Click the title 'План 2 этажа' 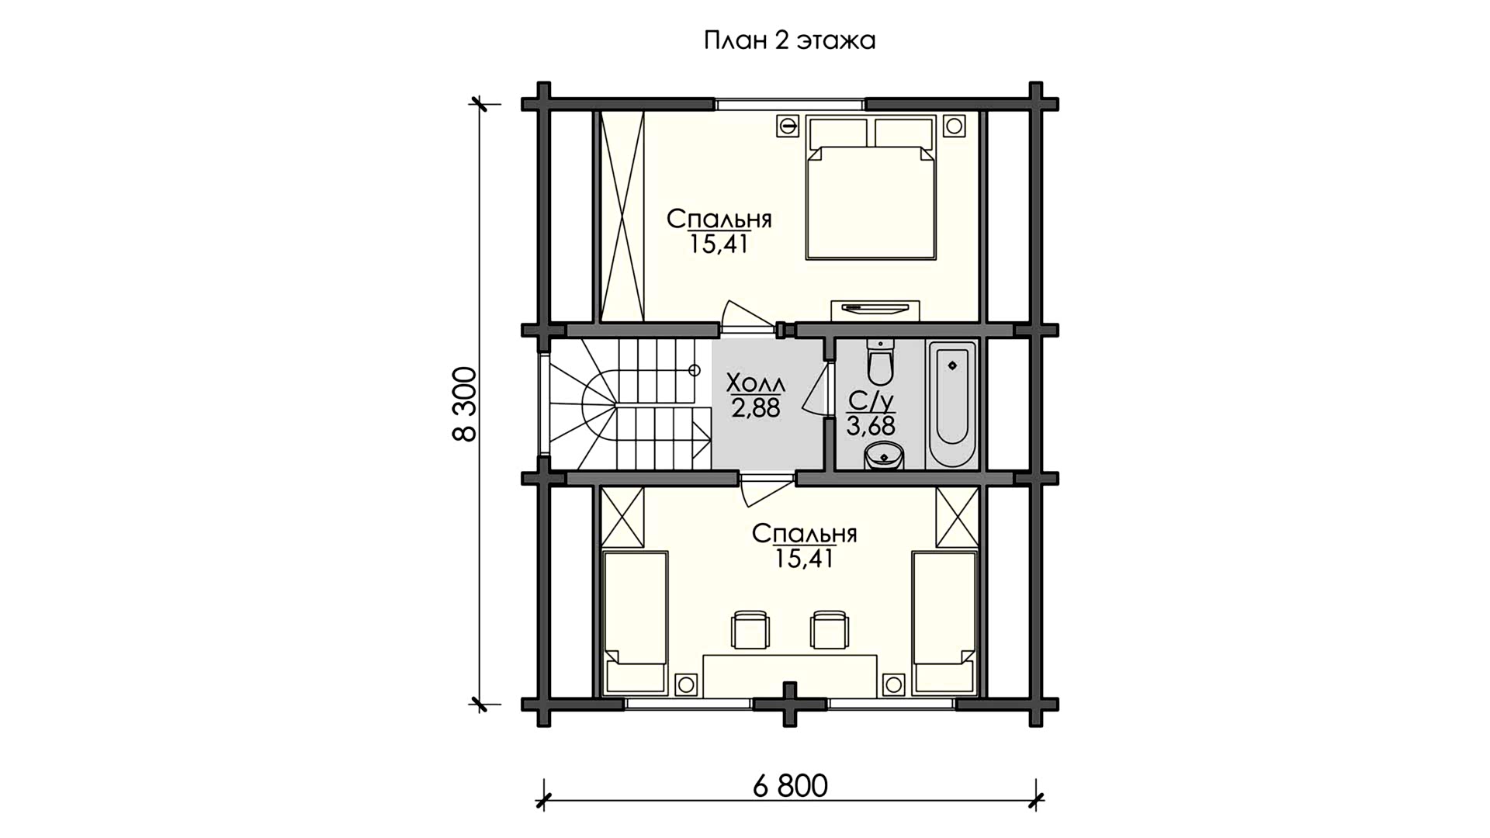789,40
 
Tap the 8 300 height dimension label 465,404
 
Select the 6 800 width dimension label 790,786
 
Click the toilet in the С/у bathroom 880,362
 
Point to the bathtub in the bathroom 951,404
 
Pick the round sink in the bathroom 884,456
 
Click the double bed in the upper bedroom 870,187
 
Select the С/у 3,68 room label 871,414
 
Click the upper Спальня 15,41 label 719,231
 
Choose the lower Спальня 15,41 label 804,545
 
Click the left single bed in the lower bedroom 636,622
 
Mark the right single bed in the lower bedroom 944,622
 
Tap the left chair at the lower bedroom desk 751,629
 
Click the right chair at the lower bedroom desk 829,629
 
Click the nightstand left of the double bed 788,126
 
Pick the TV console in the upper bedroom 875,310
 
